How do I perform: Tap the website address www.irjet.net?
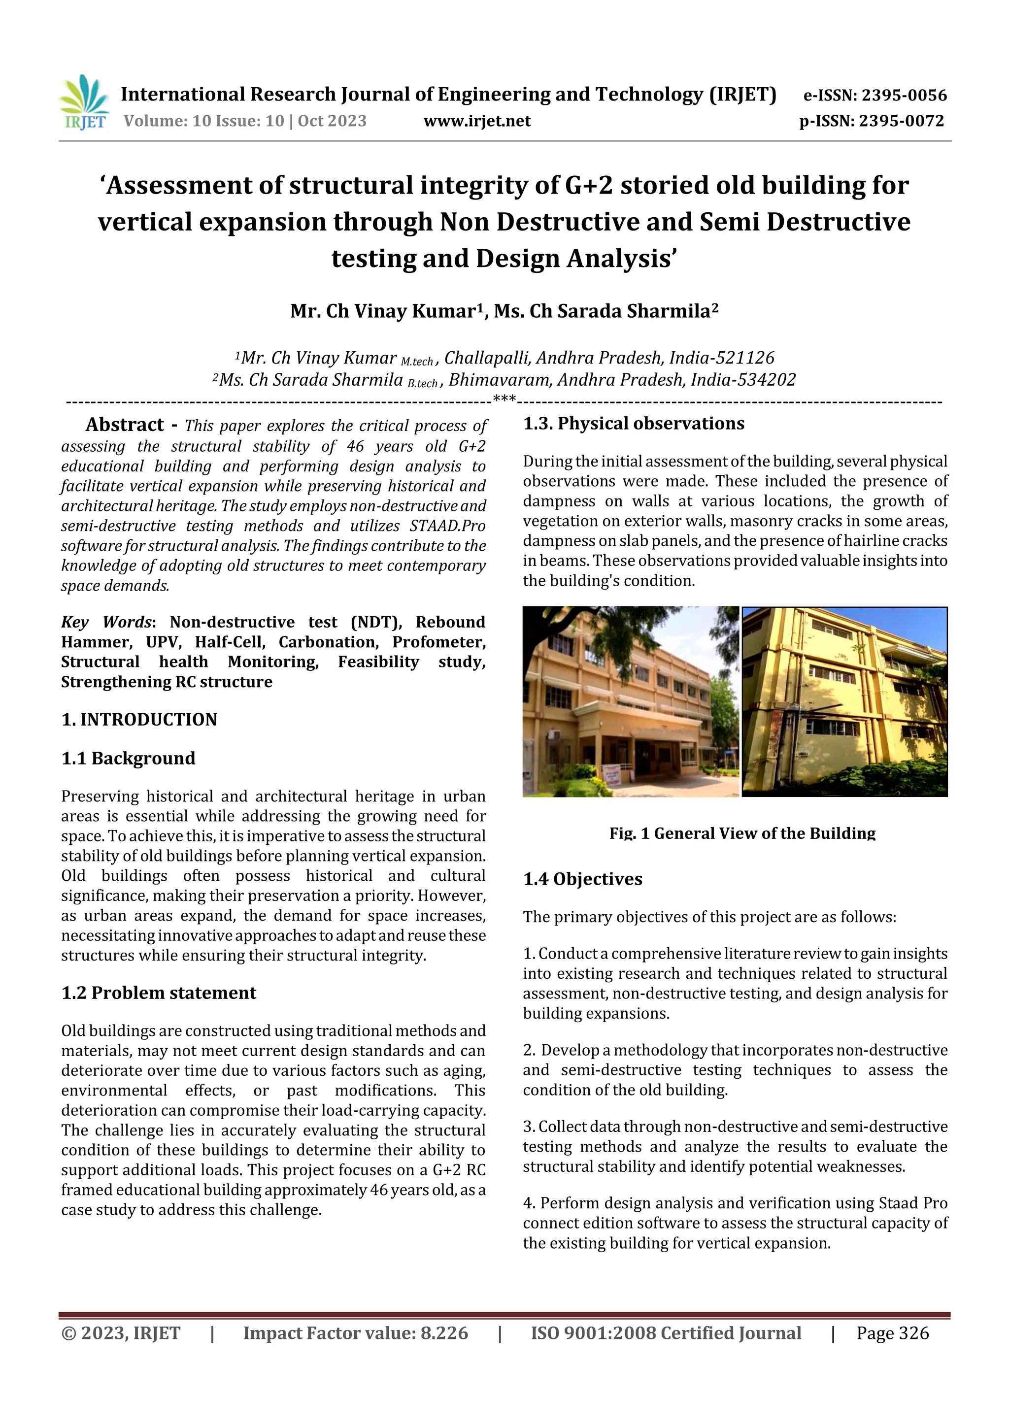pyautogui.click(x=477, y=121)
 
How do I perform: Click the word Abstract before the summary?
pyautogui.click(x=124, y=425)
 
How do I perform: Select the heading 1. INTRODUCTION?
pyautogui.click(x=139, y=720)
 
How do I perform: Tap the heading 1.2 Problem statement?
pyautogui.click(x=159, y=993)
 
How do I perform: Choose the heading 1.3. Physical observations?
pyautogui.click(x=634, y=424)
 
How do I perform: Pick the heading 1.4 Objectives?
pyautogui.click(x=582, y=879)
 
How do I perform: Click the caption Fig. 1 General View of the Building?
pyautogui.click(x=742, y=833)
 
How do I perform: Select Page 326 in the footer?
pyautogui.click(x=892, y=1333)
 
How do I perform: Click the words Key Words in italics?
pyautogui.click(x=106, y=622)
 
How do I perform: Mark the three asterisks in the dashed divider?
pyautogui.click(x=504, y=398)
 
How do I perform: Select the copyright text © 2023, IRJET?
pyautogui.click(x=121, y=1333)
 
